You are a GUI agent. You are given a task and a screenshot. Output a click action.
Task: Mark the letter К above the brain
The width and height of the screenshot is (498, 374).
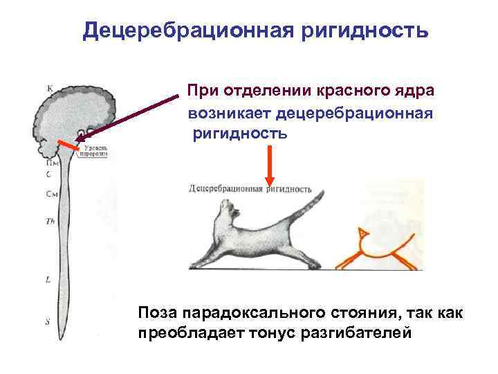point(50,88)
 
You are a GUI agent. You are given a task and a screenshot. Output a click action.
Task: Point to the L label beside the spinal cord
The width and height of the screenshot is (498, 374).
point(47,280)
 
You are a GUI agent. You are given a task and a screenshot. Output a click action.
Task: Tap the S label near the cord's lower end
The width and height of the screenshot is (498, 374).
point(47,321)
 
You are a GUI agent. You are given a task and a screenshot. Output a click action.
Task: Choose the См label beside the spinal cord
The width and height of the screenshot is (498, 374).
point(50,193)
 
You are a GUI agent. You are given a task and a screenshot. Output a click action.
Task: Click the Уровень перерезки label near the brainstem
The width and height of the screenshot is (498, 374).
point(95,152)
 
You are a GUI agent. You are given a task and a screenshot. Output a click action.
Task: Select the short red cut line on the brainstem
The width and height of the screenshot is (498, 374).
point(68,148)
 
